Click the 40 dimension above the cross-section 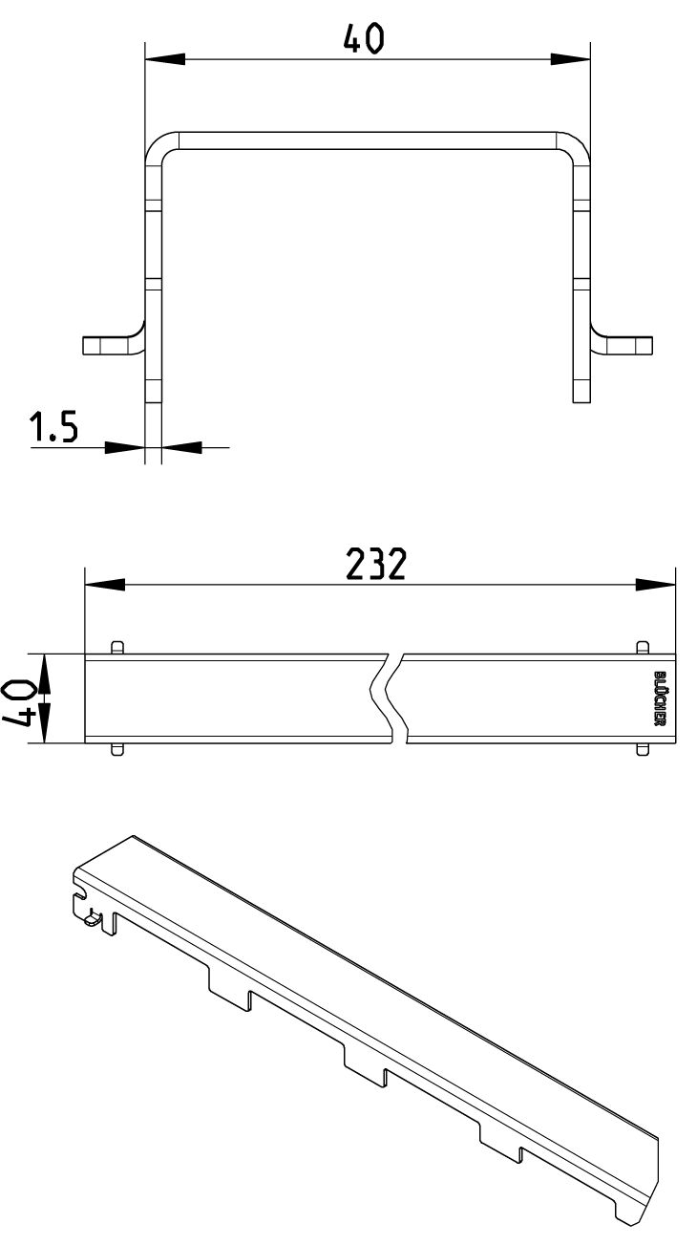(x=364, y=39)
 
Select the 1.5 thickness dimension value (x=53, y=426)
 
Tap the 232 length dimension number (x=376, y=564)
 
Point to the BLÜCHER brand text (x=658, y=698)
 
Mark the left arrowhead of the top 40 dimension (x=165, y=59)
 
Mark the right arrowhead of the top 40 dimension (x=570, y=59)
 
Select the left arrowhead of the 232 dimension (x=104, y=585)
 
